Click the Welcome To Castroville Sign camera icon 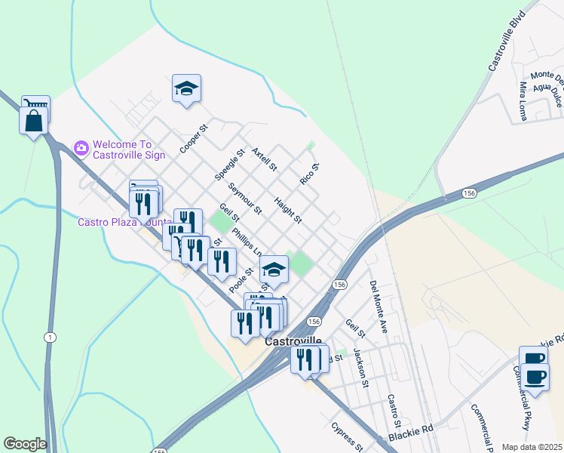[81, 146]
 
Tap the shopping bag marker [34, 122]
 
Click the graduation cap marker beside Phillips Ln [274, 270]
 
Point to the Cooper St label [193, 139]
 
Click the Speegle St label [230, 164]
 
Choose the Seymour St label [244, 199]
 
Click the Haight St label [288, 211]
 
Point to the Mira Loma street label [523, 103]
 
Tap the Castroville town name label [293, 341]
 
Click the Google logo [25, 444]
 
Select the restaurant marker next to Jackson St [305, 359]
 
